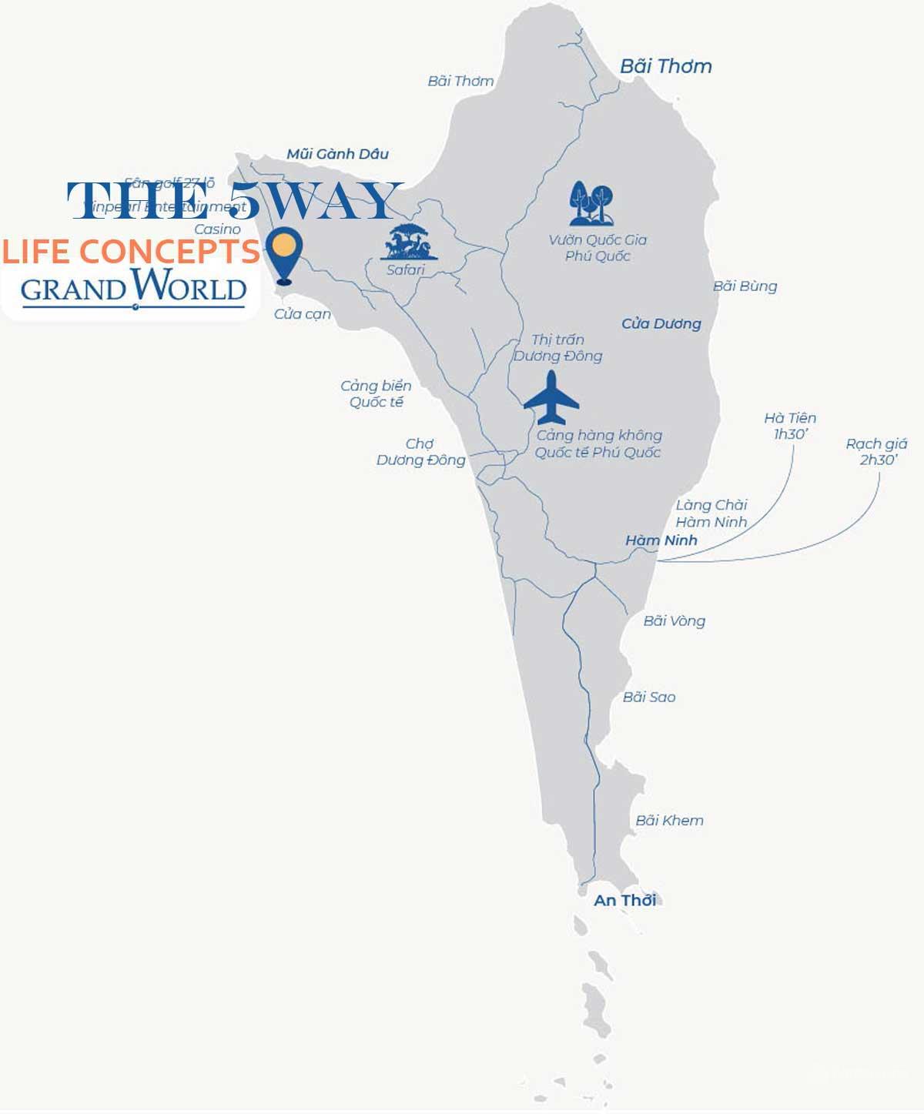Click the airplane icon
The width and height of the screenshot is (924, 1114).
point(551,397)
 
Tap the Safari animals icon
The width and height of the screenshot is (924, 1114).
point(409,242)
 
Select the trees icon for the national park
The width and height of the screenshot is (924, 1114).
point(591,204)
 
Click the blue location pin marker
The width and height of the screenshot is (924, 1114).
point(283,254)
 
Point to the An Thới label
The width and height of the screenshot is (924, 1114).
point(624,900)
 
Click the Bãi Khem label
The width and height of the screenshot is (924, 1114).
point(669,821)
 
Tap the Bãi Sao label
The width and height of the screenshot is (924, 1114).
point(649,697)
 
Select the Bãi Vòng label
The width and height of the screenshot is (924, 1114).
point(674,621)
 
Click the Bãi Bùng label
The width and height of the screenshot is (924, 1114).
point(745,286)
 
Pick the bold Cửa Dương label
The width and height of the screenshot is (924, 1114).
point(661,323)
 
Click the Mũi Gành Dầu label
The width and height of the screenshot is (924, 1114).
point(337,154)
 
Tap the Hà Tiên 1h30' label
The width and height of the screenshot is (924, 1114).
point(790,426)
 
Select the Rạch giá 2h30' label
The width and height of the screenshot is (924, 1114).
point(876,452)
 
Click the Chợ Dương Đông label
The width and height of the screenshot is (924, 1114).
point(420,452)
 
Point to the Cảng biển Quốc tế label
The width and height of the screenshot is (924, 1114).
point(376,393)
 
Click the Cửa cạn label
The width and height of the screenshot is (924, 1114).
point(303,314)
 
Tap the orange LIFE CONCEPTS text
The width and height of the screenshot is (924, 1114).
point(130,252)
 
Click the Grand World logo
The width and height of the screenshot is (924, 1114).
point(133,288)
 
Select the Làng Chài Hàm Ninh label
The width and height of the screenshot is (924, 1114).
point(711,514)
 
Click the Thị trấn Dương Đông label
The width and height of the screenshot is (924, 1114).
point(557,347)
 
